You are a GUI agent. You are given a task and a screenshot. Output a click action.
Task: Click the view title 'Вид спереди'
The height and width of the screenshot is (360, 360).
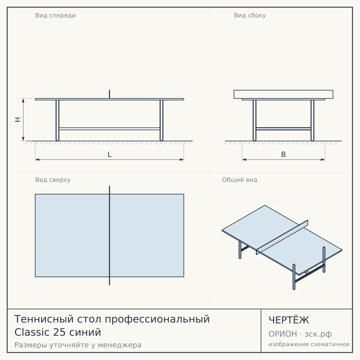pos(55,16)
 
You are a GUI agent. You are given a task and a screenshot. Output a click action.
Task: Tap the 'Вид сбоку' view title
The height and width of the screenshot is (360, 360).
pos(250,16)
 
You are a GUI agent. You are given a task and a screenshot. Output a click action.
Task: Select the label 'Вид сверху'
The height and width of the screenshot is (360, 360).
pos(53,180)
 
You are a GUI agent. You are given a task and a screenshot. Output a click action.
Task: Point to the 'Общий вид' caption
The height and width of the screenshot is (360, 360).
pos(239,180)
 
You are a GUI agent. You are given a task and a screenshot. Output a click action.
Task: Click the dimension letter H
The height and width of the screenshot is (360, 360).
pos(18,120)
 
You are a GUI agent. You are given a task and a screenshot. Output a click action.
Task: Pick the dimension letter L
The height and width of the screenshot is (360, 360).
pos(110,154)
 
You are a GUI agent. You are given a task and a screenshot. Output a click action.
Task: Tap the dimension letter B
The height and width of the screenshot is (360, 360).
pos(283,154)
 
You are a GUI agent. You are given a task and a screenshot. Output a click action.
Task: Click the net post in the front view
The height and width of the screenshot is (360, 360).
pos(109,94)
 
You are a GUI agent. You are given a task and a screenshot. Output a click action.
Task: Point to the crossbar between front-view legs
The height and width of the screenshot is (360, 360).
pos(109,129)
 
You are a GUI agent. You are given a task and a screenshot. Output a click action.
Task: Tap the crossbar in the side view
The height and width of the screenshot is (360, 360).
pos(283,129)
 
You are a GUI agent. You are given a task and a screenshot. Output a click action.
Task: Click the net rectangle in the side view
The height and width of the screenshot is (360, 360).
pos(283,94)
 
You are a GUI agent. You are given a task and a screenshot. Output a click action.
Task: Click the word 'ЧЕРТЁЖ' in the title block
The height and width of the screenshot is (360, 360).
pos(289,325)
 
